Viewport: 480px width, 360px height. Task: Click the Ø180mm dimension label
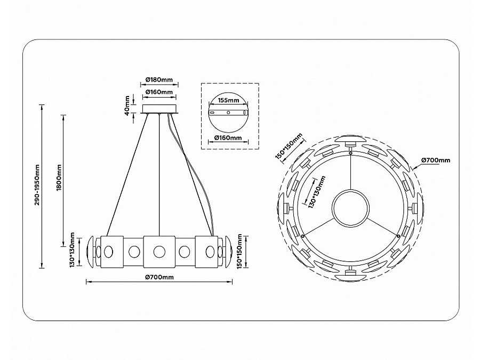point(159,80)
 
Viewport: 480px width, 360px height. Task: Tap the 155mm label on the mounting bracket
point(228,100)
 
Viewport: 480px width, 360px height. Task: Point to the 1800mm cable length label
point(59,178)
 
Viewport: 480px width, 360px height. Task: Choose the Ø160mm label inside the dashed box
point(228,138)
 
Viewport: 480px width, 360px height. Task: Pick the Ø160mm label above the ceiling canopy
point(159,92)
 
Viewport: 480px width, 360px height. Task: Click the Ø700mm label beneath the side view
point(159,277)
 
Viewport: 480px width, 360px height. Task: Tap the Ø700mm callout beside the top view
point(436,160)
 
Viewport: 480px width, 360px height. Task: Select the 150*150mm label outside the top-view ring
point(289,146)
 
